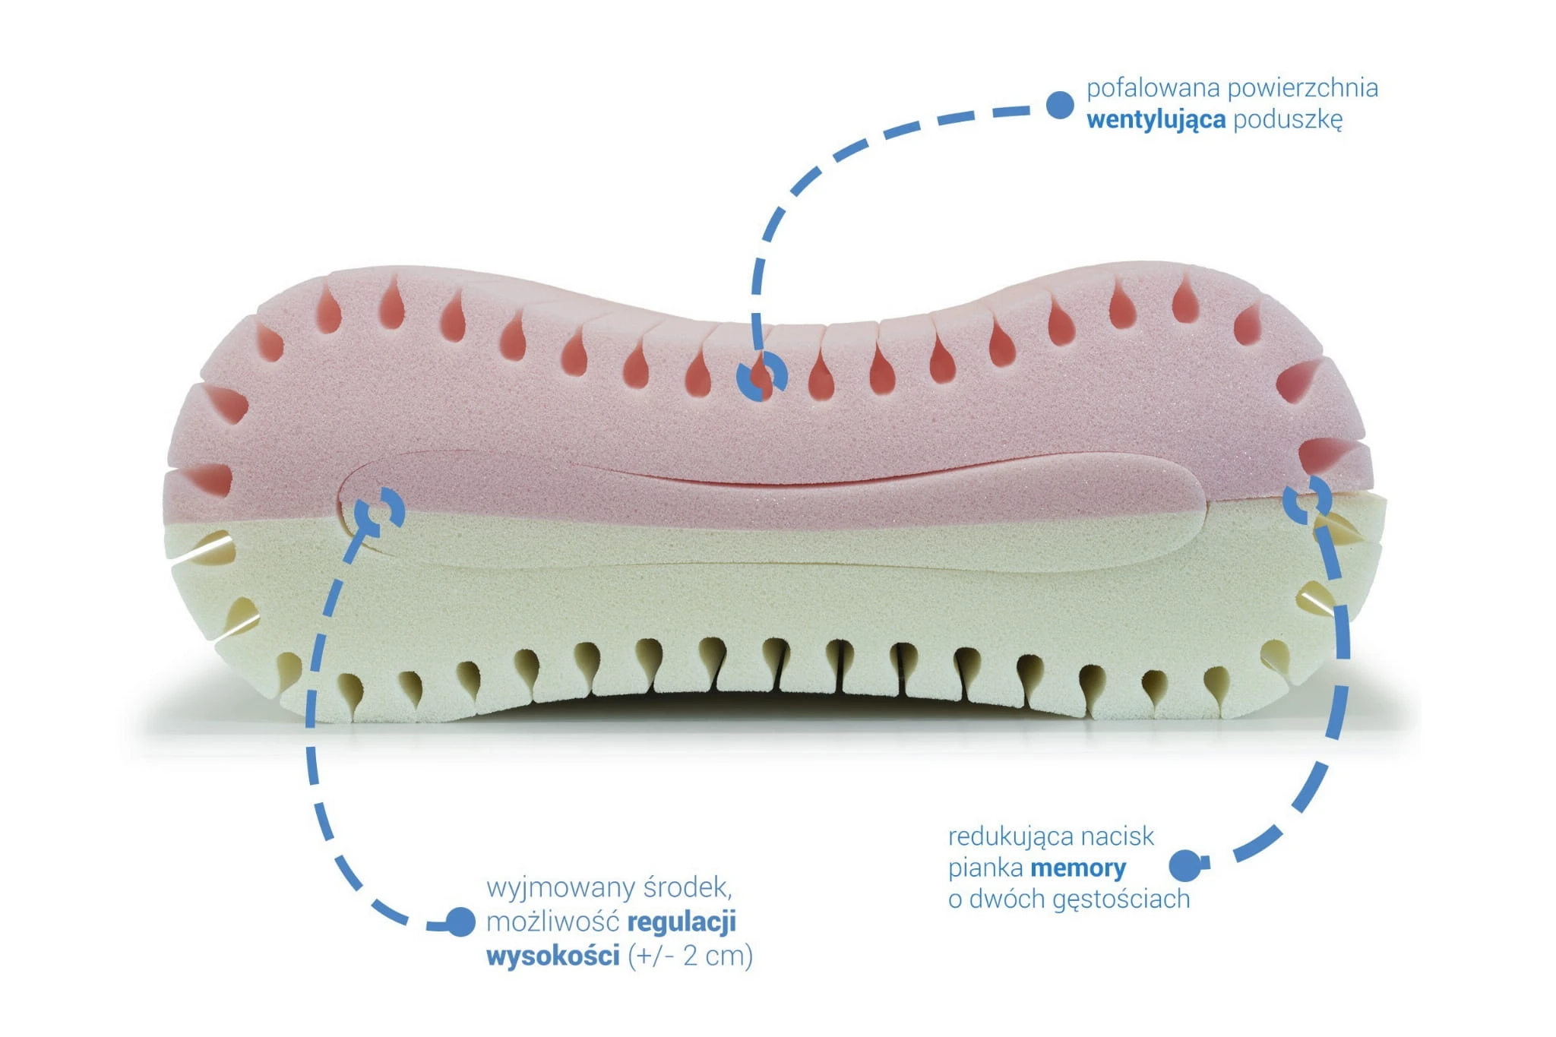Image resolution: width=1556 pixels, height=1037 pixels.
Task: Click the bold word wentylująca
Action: coord(1156,120)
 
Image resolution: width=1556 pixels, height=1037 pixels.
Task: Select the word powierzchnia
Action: coord(1302,88)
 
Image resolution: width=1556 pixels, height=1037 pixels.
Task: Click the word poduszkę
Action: coord(1288,120)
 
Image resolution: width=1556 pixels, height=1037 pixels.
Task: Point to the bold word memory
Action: coord(1078,868)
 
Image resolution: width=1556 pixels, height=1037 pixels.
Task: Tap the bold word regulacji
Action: coord(682,922)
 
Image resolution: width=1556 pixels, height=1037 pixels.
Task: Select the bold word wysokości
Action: coord(553,955)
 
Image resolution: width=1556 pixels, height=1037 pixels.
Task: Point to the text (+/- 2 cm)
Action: coord(691,955)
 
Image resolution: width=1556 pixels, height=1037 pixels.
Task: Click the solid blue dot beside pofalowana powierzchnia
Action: coord(1060,105)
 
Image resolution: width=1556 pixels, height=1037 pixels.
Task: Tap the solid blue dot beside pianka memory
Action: coord(1184,865)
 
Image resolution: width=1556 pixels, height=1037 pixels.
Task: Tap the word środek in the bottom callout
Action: coord(688,888)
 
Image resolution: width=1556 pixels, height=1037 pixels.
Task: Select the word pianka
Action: coord(985,868)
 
